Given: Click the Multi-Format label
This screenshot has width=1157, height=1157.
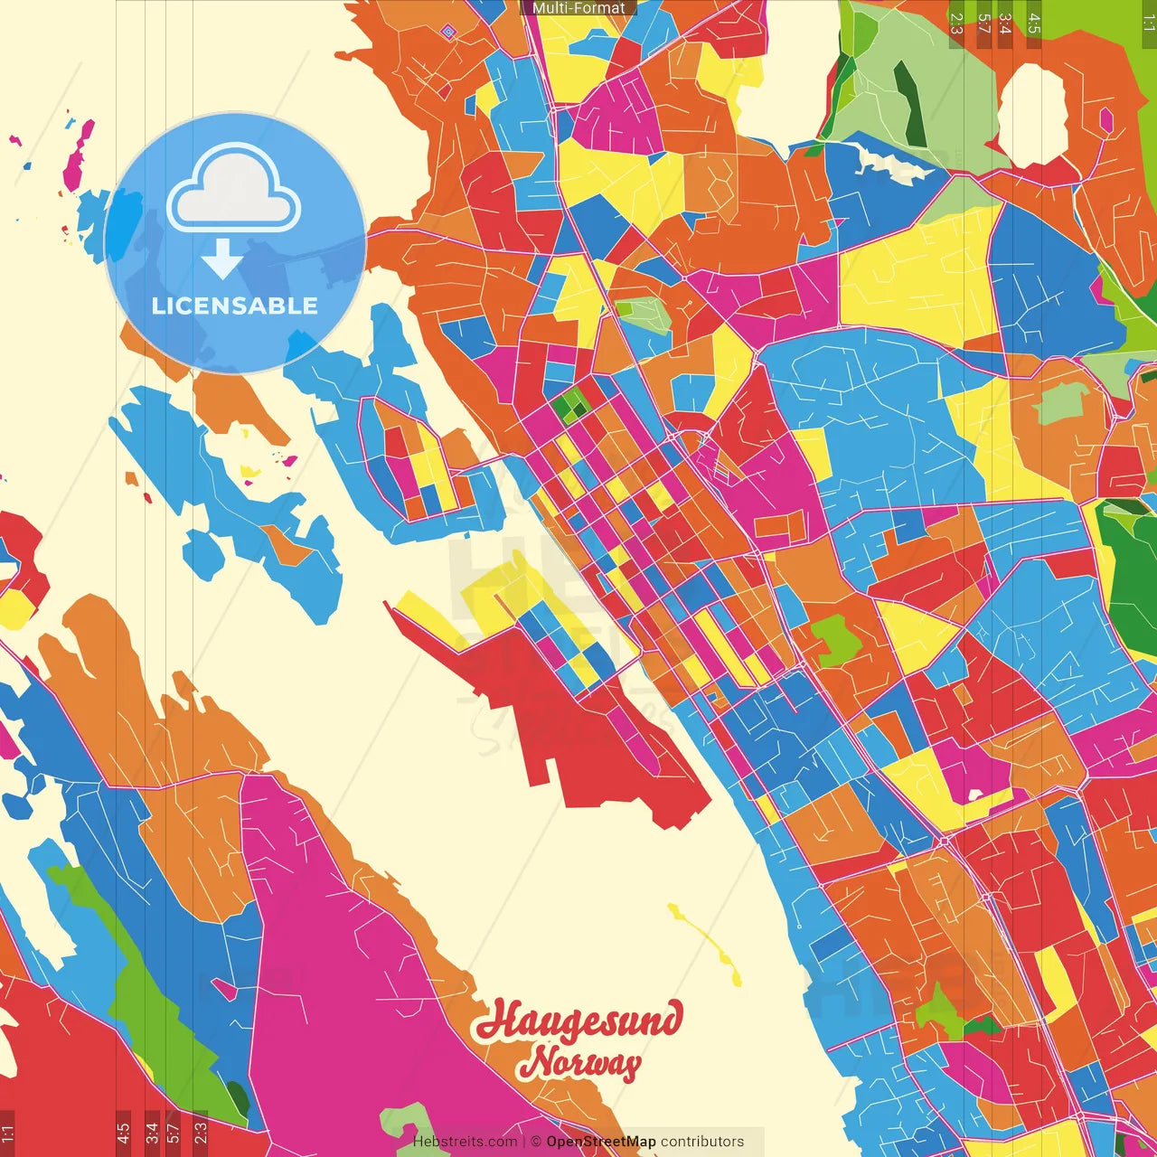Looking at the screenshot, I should [x=578, y=8].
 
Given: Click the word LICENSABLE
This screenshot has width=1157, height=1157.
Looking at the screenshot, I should [x=234, y=306].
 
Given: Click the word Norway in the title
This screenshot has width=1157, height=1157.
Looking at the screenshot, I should [x=584, y=1063].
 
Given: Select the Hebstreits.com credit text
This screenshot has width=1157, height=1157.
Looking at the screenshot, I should [x=465, y=1142].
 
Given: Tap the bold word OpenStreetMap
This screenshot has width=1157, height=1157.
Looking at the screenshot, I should [x=601, y=1142].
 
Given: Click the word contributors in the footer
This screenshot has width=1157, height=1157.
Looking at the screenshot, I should [x=702, y=1142].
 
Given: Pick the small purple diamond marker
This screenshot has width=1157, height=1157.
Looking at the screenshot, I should [x=448, y=32].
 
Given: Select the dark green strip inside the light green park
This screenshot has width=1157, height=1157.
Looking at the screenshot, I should [x=909, y=104].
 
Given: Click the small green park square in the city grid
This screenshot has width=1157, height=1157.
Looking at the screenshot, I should [x=571, y=406].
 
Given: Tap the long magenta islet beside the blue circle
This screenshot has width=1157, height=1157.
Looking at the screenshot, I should [x=79, y=155].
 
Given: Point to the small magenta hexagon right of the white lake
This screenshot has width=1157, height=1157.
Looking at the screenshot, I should [x=1105, y=119].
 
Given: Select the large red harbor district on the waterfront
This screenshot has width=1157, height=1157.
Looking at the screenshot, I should [x=578, y=723].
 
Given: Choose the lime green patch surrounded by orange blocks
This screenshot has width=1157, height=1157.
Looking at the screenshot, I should [x=835, y=640].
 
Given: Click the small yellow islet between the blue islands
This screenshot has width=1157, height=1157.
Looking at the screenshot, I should [x=249, y=471].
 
